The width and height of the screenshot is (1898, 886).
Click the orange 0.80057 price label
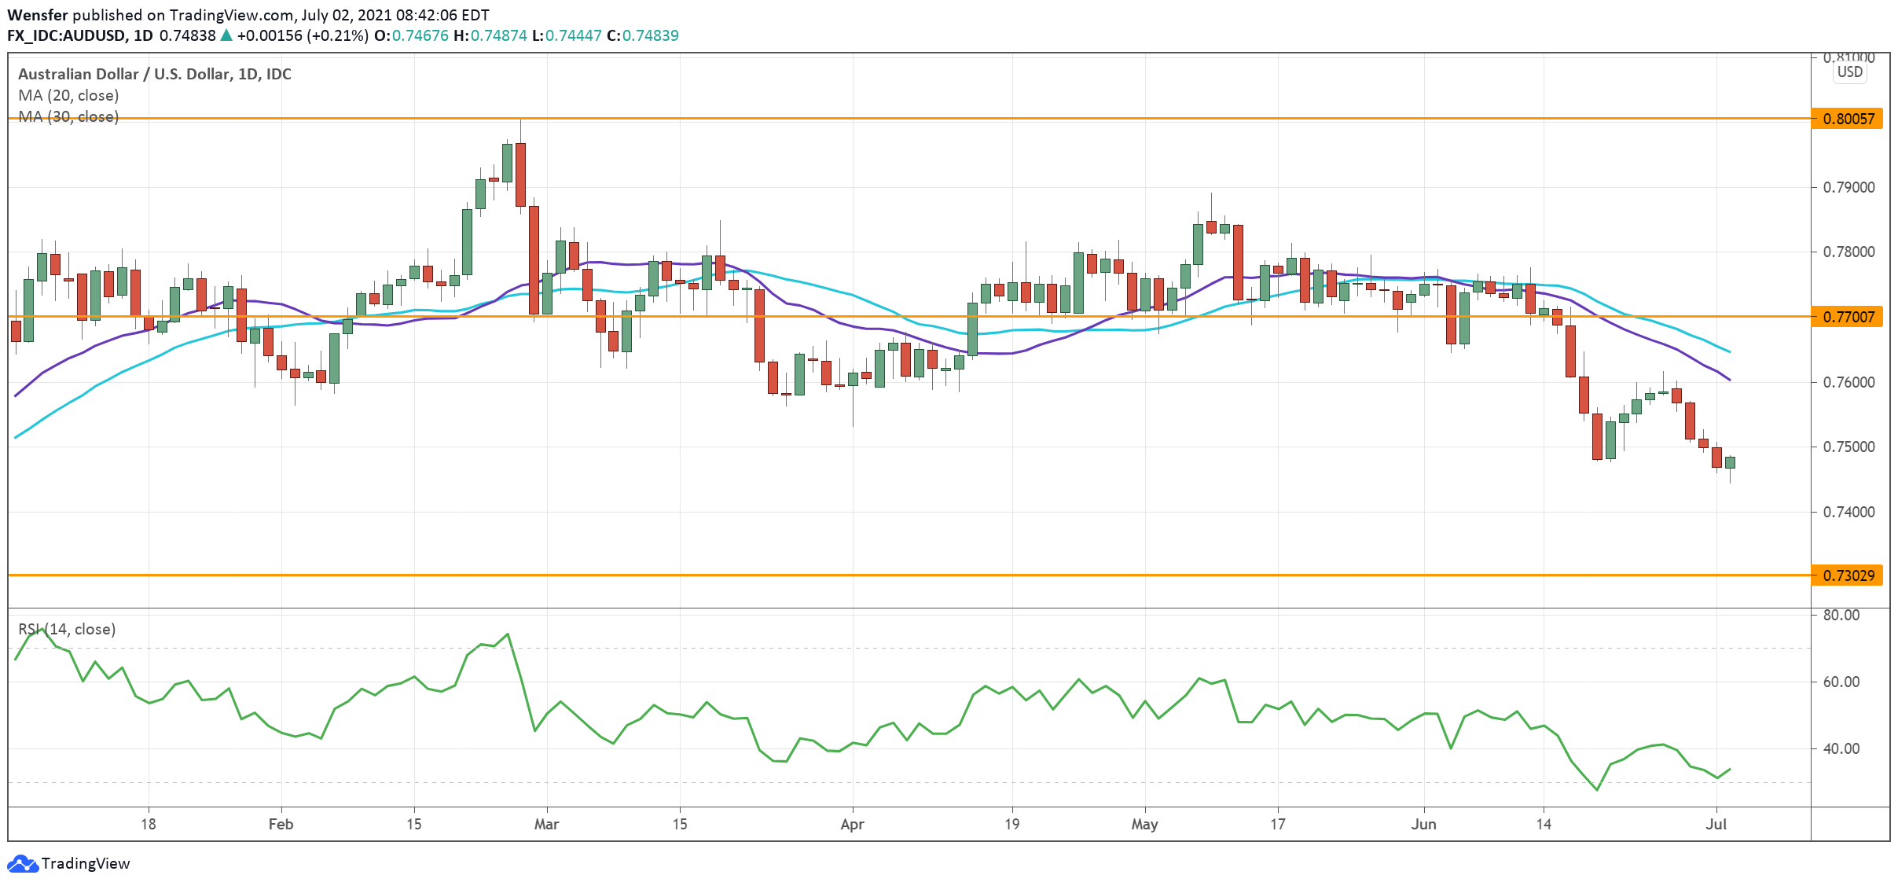(1848, 119)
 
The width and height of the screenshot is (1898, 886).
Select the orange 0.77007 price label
(1848, 317)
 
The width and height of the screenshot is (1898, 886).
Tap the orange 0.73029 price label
(1848, 575)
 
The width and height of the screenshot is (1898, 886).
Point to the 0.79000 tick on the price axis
(1848, 187)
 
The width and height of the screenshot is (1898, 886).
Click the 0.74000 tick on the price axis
(1848, 512)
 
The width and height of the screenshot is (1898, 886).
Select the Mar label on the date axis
(546, 824)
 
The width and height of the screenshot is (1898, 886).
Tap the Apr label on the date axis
(852, 824)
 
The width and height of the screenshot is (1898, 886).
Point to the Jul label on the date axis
(1716, 824)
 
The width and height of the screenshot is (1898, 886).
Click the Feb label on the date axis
(281, 824)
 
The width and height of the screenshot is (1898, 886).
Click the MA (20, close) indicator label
(68, 95)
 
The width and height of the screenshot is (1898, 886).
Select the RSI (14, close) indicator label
(67, 629)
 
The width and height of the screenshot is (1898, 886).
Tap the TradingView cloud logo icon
(22, 863)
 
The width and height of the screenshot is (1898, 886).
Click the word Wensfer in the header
(38, 15)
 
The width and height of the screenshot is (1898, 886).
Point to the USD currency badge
(1849, 72)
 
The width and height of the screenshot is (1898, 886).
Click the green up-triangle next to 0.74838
(226, 35)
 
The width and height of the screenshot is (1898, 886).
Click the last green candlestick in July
(1730, 462)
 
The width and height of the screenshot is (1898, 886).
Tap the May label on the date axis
(1144, 824)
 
